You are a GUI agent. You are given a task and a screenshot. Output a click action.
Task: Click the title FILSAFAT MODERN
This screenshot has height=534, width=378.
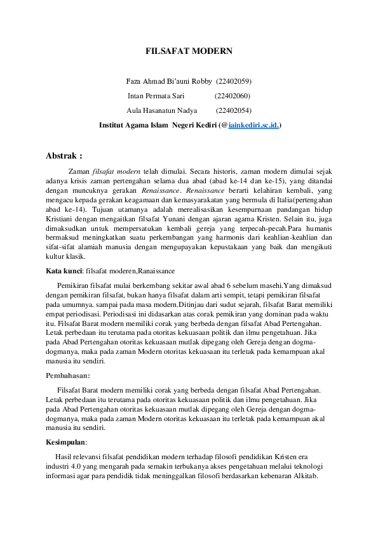click(189, 50)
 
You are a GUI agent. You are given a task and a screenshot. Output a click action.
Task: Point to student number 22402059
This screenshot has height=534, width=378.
click(234, 81)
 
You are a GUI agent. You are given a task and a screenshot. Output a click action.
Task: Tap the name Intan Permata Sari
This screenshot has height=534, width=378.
click(156, 96)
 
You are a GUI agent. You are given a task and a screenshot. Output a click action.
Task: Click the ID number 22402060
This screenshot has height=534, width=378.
click(233, 96)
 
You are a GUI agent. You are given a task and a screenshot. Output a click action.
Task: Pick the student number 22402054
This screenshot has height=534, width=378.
click(233, 110)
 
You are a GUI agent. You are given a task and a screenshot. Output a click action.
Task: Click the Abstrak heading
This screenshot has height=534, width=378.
click(64, 155)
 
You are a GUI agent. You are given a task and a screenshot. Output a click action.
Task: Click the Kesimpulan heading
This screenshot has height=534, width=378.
click(67, 442)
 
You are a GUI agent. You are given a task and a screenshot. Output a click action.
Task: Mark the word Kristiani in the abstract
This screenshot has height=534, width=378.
click(63, 227)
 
